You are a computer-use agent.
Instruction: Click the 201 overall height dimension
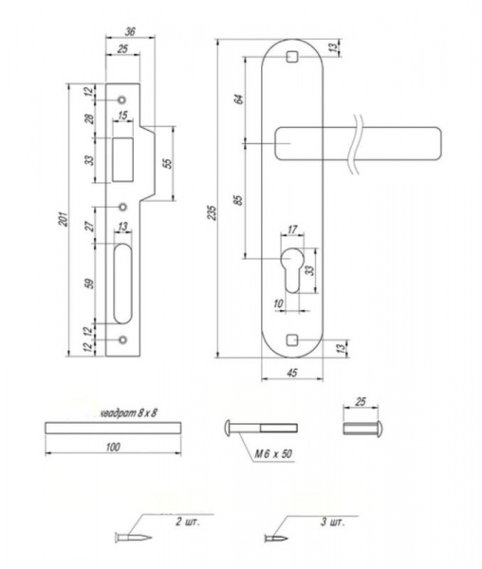[x=65, y=218]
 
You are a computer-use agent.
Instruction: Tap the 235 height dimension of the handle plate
[x=212, y=212]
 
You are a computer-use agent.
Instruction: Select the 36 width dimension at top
[x=130, y=32]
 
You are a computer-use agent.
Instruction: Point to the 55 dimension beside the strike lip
[x=167, y=163]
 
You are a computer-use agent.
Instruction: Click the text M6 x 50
[x=273, y=454]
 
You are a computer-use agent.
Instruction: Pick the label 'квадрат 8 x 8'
[x=128, y=413]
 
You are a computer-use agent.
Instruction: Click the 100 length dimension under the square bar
[x=113, y=447]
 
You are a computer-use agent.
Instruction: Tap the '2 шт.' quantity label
[x=188, y=523]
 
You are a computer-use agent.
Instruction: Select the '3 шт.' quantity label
[x=332, y=523]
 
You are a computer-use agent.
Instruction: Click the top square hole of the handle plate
[x=292, y=57]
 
